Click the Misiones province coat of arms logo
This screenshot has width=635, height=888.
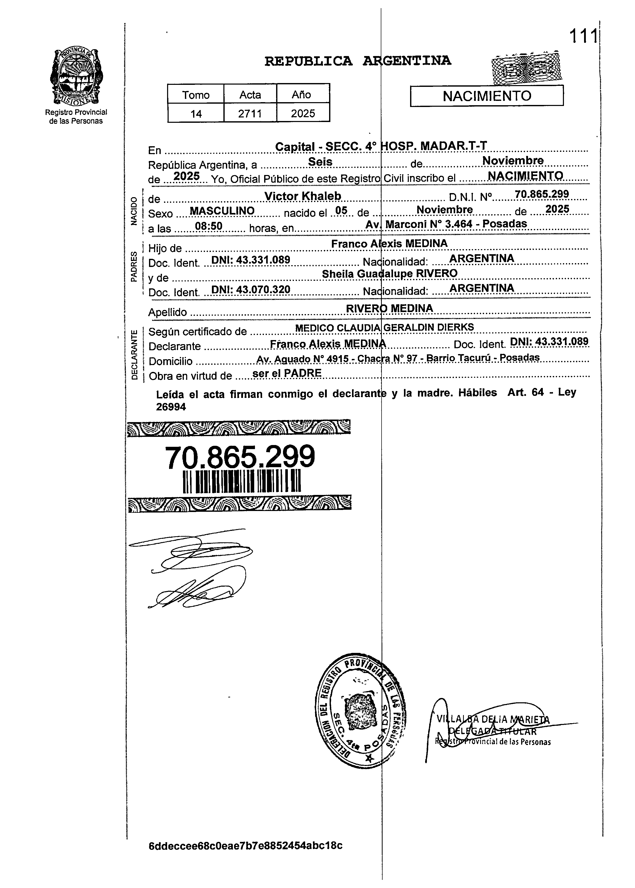tap(76, 77)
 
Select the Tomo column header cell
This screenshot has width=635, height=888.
tap(196, 95)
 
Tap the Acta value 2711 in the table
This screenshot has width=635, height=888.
tap(250, 113)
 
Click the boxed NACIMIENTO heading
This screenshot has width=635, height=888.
tap(487, 96)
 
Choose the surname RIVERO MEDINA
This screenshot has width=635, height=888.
tap(389, 308)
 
